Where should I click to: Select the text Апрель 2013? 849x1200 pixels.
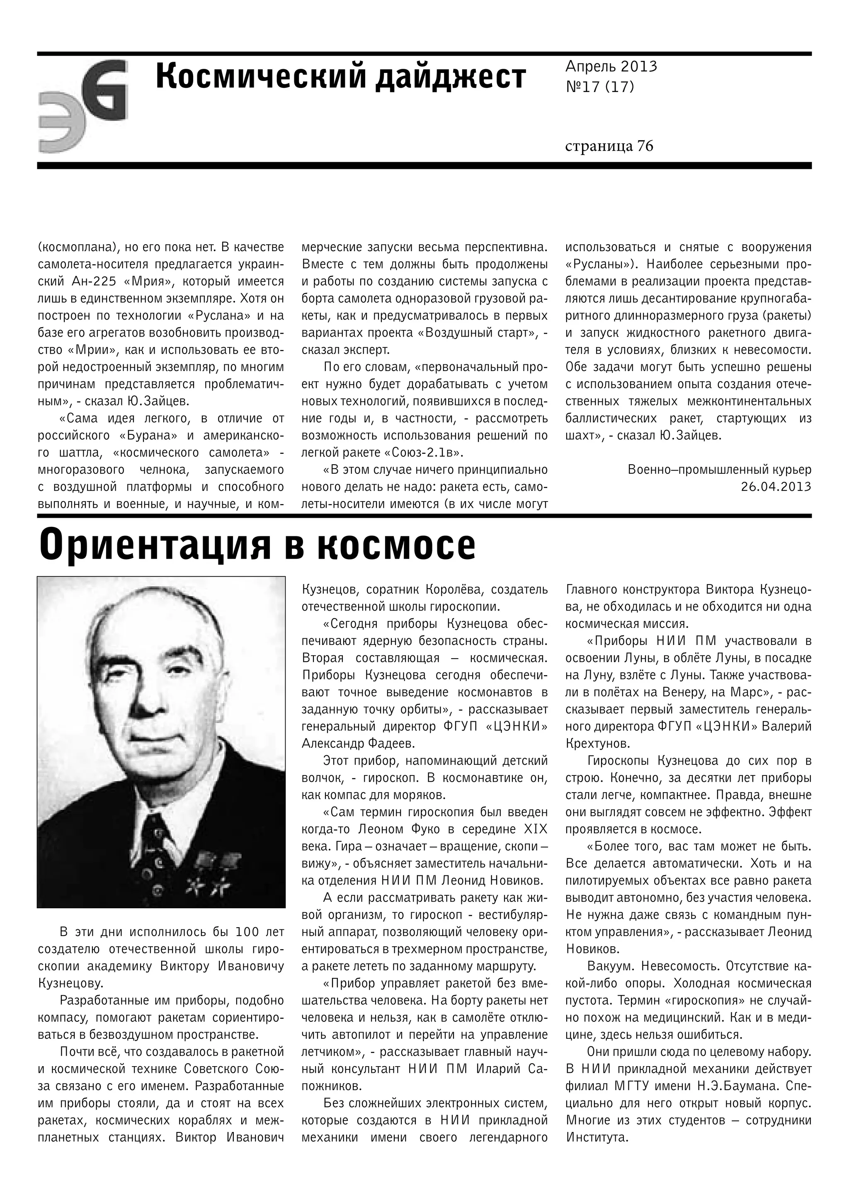[611, 67]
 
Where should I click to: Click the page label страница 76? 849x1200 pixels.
[609, 146]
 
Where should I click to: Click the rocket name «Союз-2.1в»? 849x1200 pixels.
[424, 453]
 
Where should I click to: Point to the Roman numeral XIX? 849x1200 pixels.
[535, 829]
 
